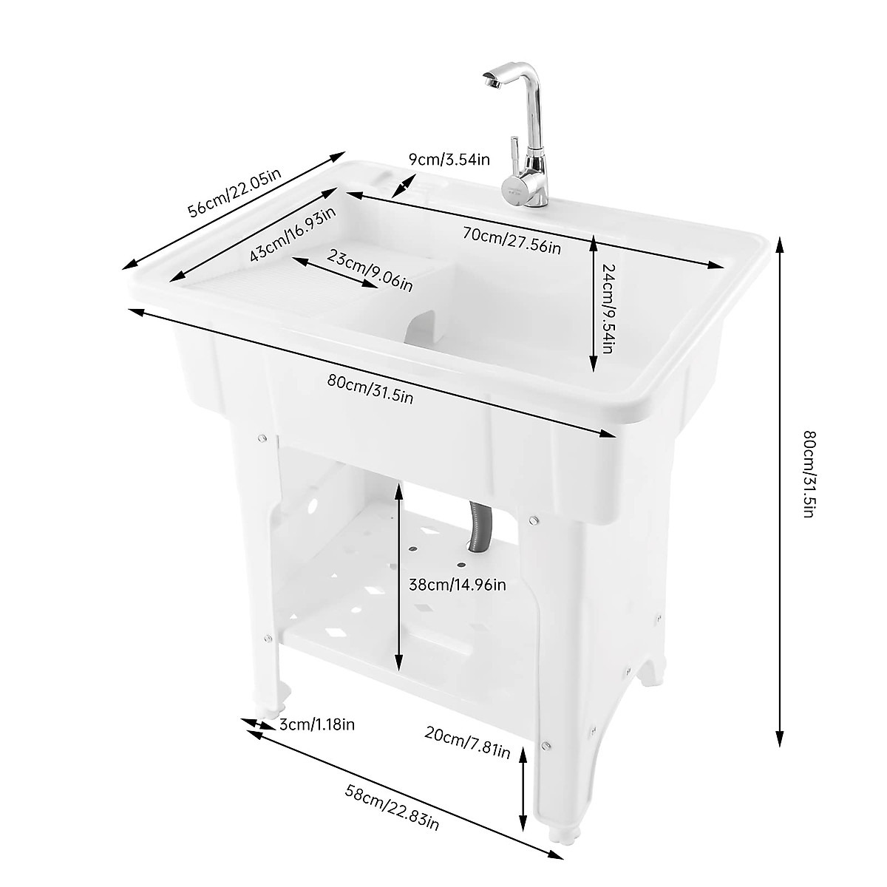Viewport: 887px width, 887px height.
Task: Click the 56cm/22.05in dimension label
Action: [234, 192]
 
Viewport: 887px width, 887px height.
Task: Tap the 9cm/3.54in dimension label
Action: [449, 159]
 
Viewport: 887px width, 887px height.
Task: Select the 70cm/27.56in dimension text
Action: [512, 240]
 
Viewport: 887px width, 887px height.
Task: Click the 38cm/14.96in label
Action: [457, 585]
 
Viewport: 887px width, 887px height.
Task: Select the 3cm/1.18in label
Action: [316, 724]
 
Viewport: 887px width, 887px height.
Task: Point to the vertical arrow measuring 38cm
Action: [398, 577]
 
